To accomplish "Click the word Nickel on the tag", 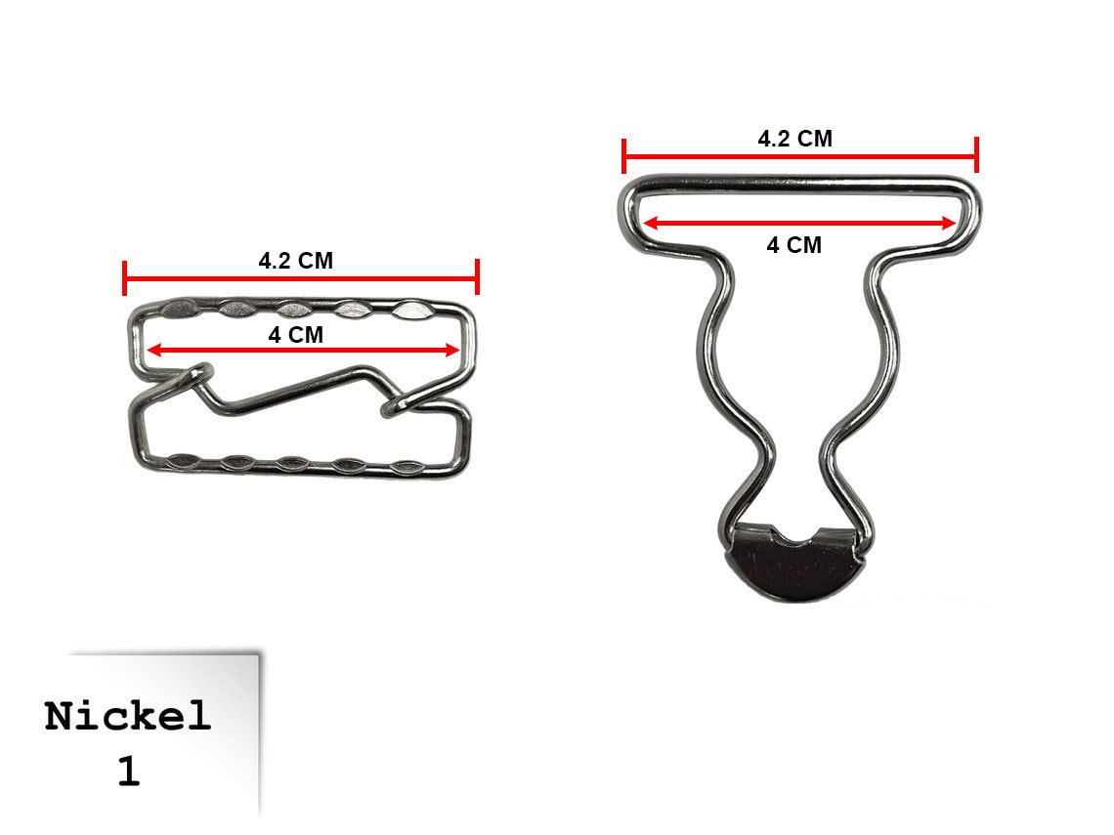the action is point(128,716).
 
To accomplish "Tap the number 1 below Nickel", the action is point(129,772).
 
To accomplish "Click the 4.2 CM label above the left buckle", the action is point(295,261).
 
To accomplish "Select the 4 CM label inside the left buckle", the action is point(295,334).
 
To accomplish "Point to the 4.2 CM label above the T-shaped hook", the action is point(795,139).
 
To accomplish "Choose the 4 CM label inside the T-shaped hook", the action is point(794,245).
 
